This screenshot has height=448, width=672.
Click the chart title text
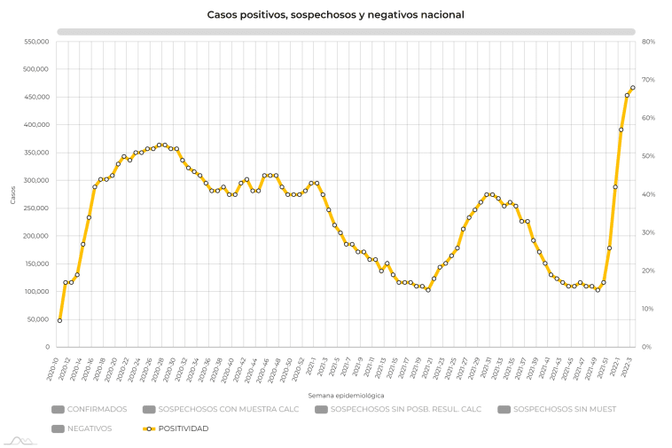(x=335, y=15)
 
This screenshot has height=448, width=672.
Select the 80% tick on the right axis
(x=648, y=42)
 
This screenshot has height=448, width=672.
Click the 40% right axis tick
(x=648, y=194)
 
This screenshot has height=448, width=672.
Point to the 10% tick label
(x=648, y=309)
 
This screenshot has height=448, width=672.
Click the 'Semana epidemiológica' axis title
(x=346, y=395)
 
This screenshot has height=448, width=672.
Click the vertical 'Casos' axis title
(x=13, y=194)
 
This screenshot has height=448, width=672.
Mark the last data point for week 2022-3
(x=632, y=88)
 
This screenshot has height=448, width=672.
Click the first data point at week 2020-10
(x=59, y=320)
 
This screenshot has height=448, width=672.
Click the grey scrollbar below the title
(x=346, y=31)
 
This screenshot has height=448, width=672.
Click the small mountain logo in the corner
(x=18, y=438)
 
